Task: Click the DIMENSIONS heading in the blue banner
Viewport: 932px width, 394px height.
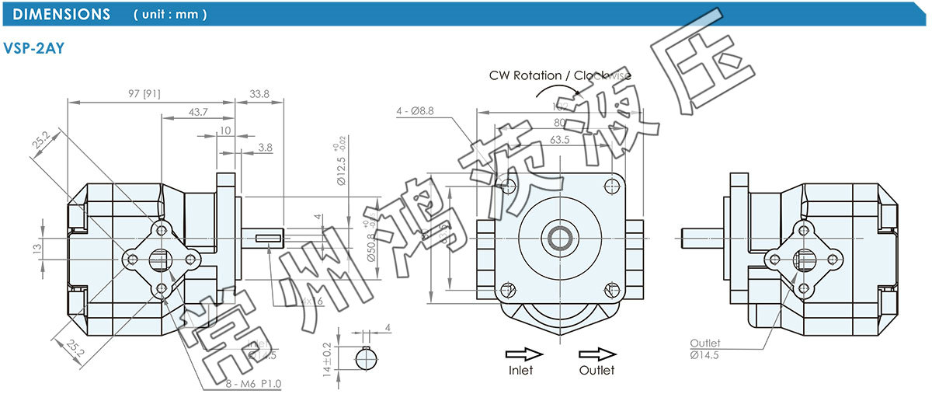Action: pyautogui.click(x=62, y=14)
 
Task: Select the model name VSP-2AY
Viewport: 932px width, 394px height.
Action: pyautogui.click(x=34, y=48)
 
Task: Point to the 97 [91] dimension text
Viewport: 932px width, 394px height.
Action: pyautogui.click(x=144, y=93)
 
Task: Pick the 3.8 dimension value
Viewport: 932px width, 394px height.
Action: pyautogui.click(x=265, y=146)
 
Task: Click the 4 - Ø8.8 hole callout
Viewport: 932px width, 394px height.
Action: pyautogui.click(x=426, y=110)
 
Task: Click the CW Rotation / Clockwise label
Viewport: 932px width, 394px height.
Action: pyautogui.click(x=559, y=75)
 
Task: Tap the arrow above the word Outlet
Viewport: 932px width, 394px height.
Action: pyautogui.click(x=596, y=353)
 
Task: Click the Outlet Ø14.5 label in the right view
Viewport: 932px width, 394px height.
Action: pyautogui.click(x=705, y=348)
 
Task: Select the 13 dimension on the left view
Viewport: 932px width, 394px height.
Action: pyautogui.click(x=37, y=248)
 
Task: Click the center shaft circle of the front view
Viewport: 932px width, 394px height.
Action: pyautogui.click(x=558, y=237)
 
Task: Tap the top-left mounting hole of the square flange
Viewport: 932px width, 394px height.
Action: pyautogui.click(x=509, y=186)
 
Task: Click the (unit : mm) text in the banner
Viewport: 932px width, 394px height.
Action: pyautogui.click(x=170, y=15)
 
